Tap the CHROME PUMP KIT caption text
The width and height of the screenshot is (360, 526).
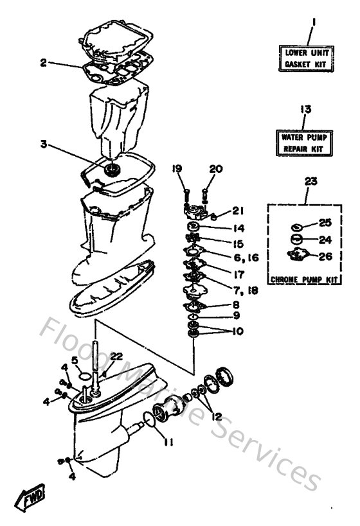(x=305, y=279)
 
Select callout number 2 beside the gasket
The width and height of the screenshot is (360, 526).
(x=42, y=62)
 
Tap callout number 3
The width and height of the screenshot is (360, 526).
(x=44, y=145)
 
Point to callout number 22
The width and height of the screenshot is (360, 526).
(x=116, y=357)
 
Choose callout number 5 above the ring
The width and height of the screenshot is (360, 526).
(x=75, y=360)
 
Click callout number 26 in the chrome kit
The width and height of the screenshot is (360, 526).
(x=325, y=256)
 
